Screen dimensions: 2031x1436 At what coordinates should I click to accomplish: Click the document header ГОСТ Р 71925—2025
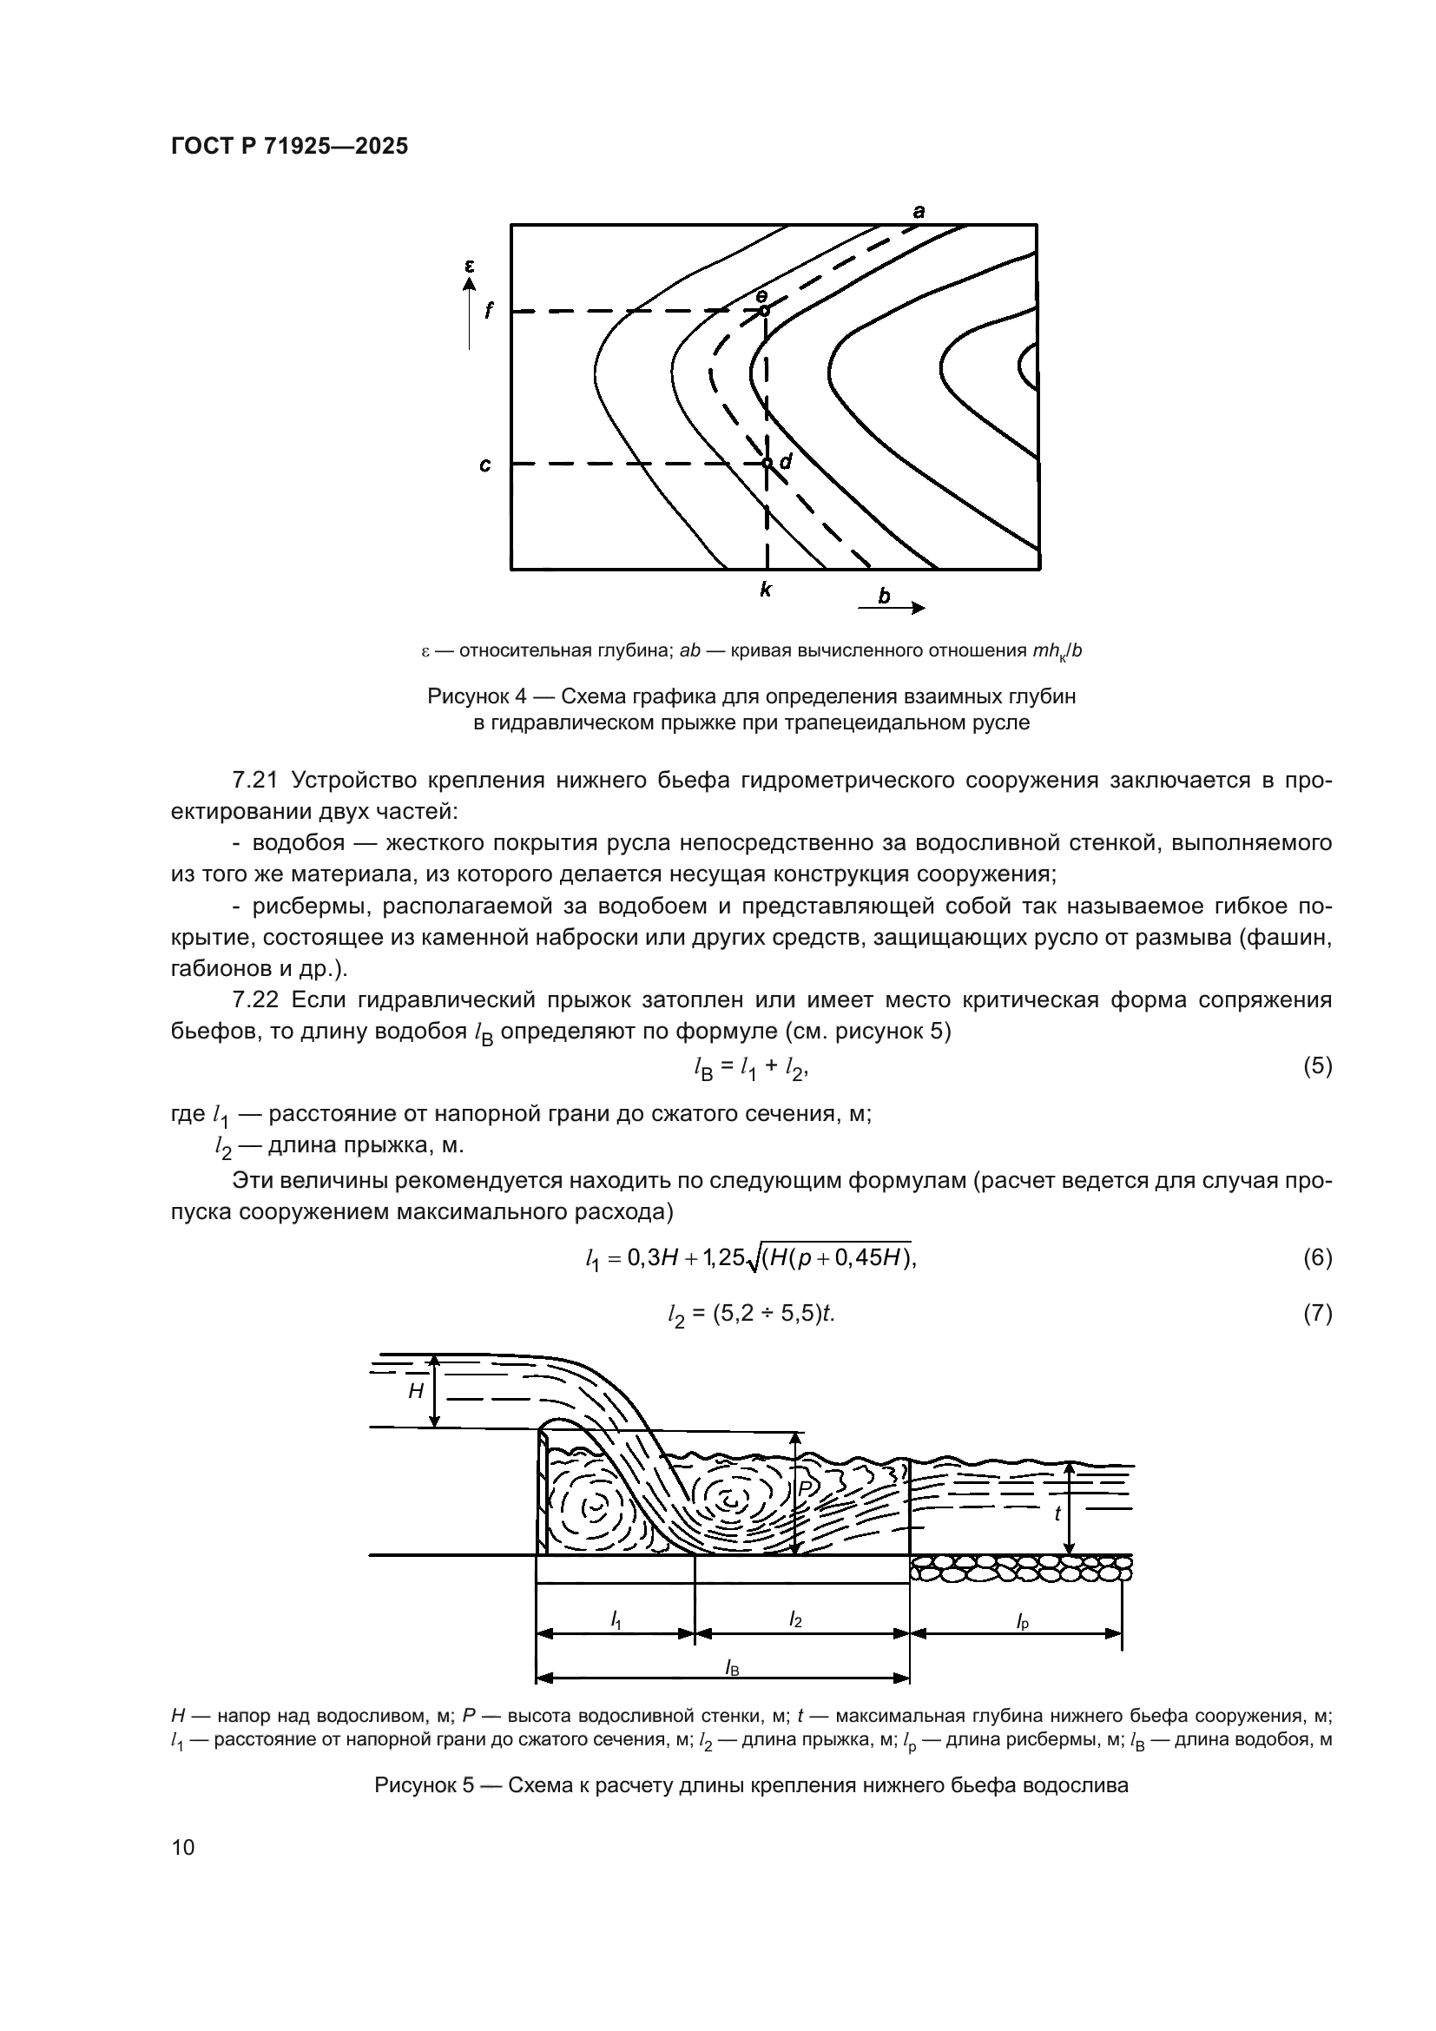tap(289, 147)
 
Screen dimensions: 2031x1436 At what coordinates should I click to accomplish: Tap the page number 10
tap(183, 1846)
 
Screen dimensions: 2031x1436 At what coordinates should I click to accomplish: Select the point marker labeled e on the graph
tap(764, 311)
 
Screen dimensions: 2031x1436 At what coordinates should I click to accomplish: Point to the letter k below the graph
tap(766, 589)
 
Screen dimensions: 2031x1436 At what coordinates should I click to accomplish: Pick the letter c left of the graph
tap(485, 465)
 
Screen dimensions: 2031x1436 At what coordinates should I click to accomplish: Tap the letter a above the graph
tap(919, 211)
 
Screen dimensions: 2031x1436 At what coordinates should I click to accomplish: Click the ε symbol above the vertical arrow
tap(470, 265)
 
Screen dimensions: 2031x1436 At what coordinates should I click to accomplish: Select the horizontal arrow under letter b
tap(892, 608)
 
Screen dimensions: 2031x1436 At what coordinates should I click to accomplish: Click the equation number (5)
tap(1317, 1066)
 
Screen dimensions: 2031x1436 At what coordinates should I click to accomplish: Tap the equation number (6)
tap(1317, 1257)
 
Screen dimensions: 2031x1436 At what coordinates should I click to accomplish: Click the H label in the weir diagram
tap(416, 1391)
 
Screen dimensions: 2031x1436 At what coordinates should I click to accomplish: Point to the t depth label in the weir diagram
tap(1057, 1513)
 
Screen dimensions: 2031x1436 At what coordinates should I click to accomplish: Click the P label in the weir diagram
tap(805, 1489)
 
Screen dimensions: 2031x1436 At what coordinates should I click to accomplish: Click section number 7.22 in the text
tap(254, 1000)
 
